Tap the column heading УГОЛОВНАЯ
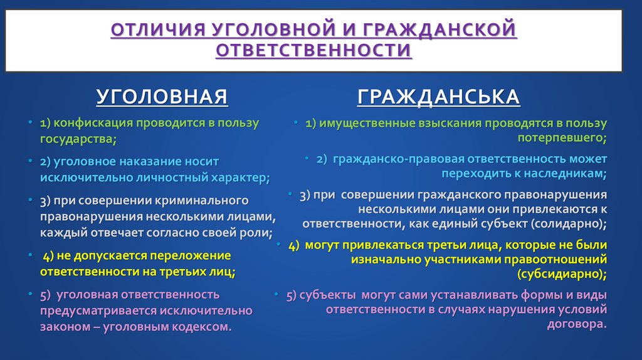coord(162,97)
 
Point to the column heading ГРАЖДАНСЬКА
coord(439,97)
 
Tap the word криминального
coord(202,201)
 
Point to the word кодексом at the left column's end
coord(199,326)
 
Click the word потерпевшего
coord(561,137)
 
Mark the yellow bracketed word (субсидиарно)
coord(562,273)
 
